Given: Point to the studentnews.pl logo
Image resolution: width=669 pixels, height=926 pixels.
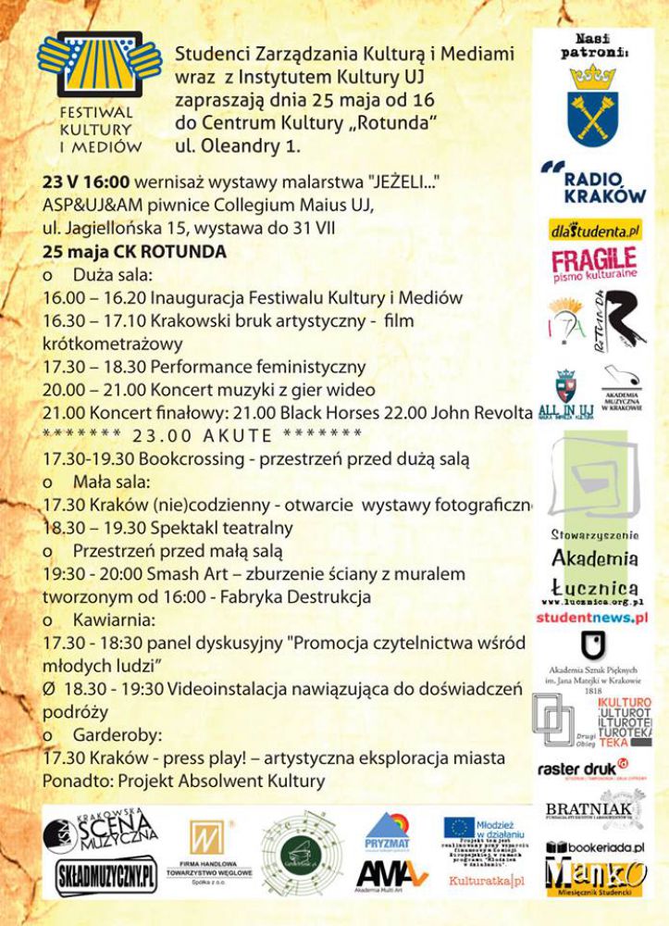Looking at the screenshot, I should pos(591,616).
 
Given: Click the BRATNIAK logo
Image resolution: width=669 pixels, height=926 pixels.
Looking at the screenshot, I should pos(588,812).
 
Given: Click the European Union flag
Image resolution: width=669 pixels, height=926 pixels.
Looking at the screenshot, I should pos(459,827).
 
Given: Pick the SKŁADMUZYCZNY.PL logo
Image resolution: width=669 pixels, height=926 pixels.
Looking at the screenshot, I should pos(105,877).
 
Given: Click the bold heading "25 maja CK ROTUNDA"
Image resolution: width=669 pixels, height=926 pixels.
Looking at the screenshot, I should pos(134,252).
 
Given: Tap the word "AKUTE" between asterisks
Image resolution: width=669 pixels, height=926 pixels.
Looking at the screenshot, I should pos(233,435).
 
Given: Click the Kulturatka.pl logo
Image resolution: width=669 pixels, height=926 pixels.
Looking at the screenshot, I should pos(485,880).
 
